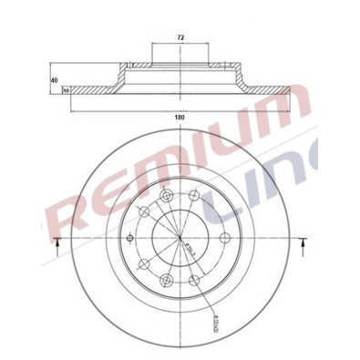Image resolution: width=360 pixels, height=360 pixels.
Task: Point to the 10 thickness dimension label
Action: tap(66, 90)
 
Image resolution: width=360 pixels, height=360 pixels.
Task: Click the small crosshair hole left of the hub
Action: tap(130, 240)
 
